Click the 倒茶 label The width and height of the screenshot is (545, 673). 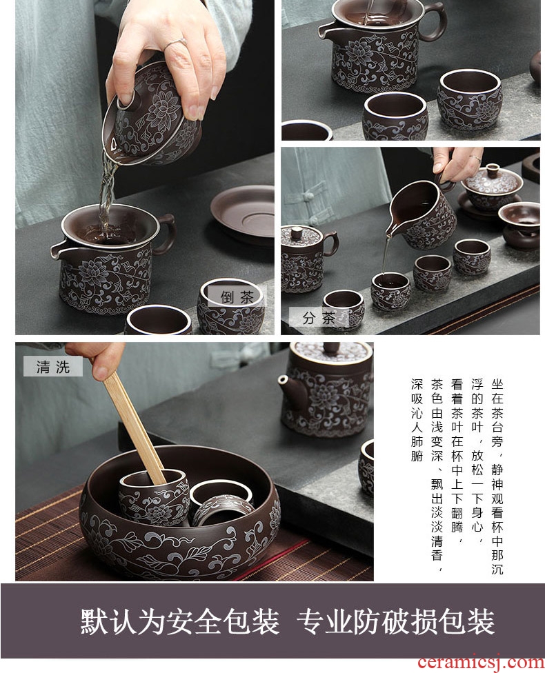(x=237, y=296)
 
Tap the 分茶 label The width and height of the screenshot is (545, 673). (x=319, y=318)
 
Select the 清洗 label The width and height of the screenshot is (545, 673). (x=53, y=367)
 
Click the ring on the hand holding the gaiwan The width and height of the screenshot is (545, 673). (x=176, y=43)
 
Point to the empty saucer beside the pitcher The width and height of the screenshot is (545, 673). (x=243, y=214)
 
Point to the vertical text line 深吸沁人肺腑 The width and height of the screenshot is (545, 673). (x=417, y=420)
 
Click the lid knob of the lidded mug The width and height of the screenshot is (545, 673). (x=297, y=234)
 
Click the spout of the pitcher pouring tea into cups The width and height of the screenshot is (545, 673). (x=390, y=232)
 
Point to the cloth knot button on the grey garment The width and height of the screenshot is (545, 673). (x=308, y=196)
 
